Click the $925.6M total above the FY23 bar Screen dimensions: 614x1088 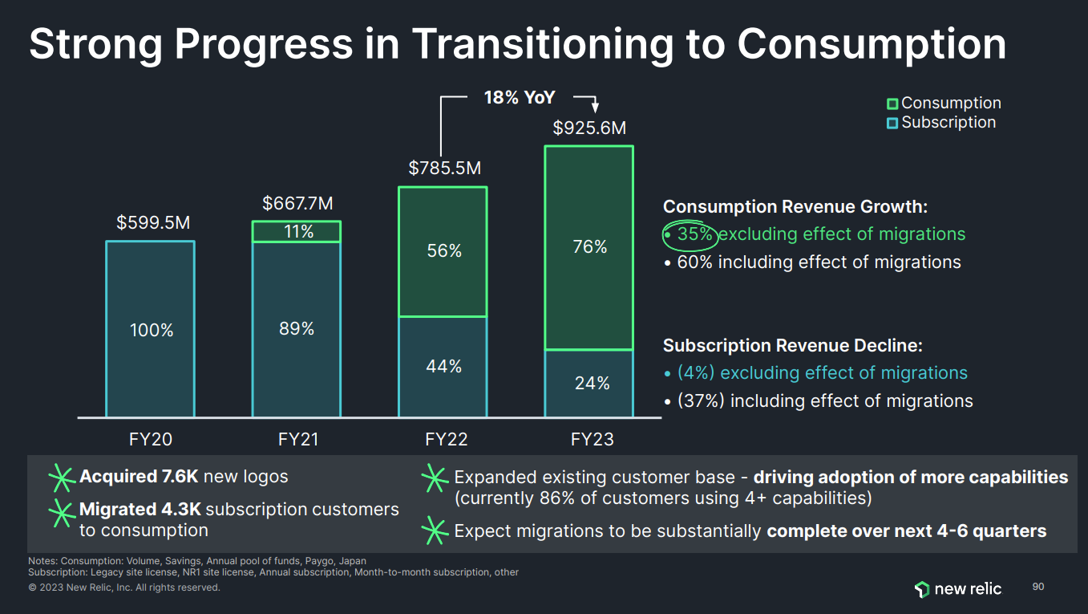[589, 128]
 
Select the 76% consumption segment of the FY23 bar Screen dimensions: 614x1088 [589, 247]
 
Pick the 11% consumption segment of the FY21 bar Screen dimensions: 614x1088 [297, 232]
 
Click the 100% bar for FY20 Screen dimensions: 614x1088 [151, 329]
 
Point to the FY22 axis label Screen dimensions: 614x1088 [446, 439]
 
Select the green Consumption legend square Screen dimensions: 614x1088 [892, 104]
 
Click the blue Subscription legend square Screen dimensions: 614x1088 [892, 123]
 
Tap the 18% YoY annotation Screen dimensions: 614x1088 [519, 98]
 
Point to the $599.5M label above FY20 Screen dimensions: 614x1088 [153, 223]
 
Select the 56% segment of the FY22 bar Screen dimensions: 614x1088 [443, 251]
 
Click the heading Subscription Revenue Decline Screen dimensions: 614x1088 [792, 346]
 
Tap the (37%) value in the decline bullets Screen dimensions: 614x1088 [701, 401]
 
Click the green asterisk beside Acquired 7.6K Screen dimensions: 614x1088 [62, 477]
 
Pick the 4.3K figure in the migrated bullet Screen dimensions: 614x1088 [180, 509]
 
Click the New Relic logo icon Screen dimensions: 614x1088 [921, 589]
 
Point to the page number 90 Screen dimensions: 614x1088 [1038, 587]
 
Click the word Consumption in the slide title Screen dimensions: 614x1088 [872, 44]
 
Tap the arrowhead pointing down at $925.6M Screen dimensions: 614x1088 [595, 109]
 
